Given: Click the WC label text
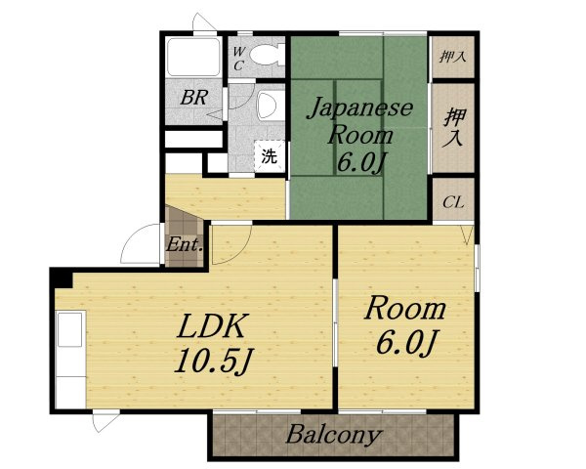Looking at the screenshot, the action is point(237,59).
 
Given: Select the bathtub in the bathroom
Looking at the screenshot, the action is point(193,58).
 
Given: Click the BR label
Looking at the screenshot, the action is point(194,98).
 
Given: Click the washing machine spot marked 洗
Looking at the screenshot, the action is point(270,156).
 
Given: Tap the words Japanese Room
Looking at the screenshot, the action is point(359,120).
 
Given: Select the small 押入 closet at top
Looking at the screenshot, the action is point(453,57).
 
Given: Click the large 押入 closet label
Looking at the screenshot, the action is point(454,127).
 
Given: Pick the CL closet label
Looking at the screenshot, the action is point(453,202).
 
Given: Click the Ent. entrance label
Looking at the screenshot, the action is point(185,245).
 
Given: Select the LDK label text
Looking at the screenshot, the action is point(213,326).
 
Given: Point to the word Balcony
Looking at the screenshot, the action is point(334,435).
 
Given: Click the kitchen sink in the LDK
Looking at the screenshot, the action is point(70,329).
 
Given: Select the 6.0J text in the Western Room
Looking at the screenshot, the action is point(406,342).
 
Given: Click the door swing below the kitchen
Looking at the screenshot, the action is point(105,421).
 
